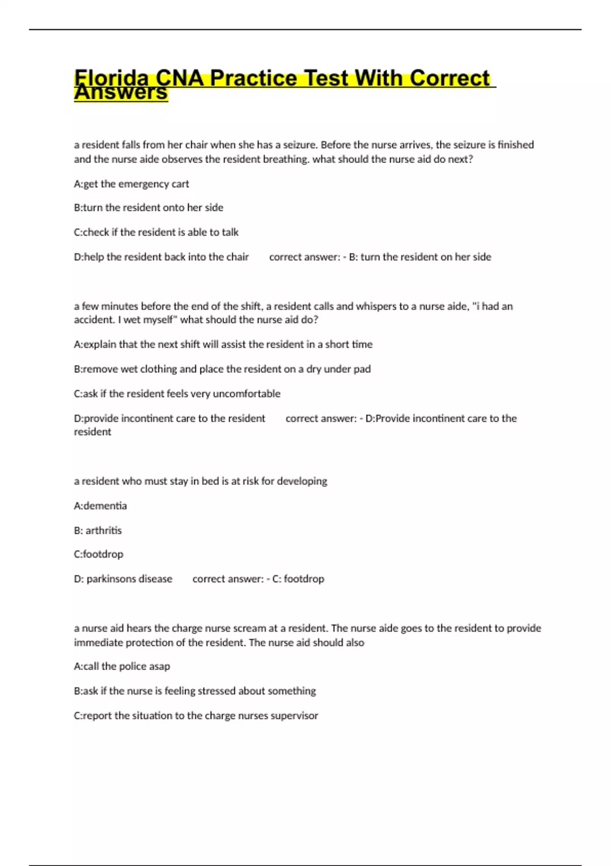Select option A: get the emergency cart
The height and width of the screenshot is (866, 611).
tap(131, 184)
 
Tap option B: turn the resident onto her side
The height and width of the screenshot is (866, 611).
tap(149, 208)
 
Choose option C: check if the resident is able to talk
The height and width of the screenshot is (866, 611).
tap(156, 232)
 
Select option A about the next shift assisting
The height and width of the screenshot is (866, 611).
tap(223, 344)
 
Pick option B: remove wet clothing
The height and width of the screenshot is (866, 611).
tap(222, 369)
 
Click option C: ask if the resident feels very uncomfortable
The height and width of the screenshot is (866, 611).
tap(177, 394)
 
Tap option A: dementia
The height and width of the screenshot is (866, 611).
tap(100, 506)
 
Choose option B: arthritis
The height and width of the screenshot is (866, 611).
tap(98, 530)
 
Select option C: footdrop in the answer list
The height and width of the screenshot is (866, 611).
tap(99, 554)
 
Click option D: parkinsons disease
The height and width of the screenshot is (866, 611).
tap(123, 579)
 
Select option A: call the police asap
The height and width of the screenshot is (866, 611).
tap(122, 666)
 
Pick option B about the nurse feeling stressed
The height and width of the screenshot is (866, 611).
tap(195, 691)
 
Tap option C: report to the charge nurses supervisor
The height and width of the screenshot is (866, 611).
tap(196, 716)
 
